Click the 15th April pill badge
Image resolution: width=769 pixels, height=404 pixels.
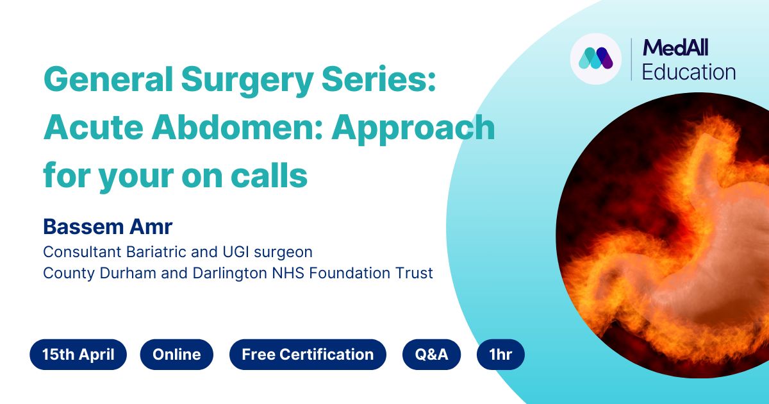click(78, 355)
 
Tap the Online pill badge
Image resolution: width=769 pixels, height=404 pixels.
click(177, 355)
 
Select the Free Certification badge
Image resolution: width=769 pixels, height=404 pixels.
click(308, 355)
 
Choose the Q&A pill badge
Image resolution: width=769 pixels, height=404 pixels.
click(431, 355)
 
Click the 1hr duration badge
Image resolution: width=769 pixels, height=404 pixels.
click(500, 355)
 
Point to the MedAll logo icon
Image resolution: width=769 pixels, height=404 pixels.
click(596, 59)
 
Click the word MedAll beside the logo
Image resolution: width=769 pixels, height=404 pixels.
click(675, 47)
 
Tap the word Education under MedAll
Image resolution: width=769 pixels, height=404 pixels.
click(688, 72)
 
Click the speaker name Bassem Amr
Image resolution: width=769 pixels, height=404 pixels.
click(108, 227)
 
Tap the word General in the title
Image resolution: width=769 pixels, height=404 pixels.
click(108, 80)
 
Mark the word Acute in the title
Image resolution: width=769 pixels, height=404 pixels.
click(94, 127)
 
